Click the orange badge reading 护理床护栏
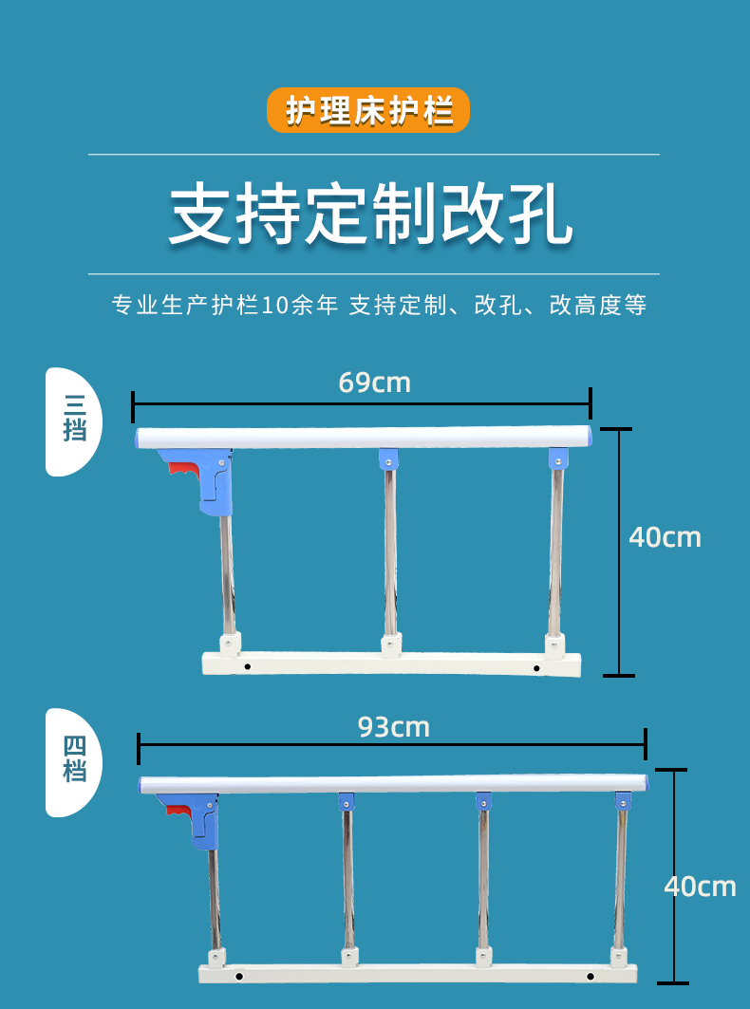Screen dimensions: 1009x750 coord(368,110)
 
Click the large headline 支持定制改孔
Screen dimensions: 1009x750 coord(371,215)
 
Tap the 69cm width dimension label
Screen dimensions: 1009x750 coord(374,383)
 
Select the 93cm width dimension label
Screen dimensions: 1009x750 coord(393,727)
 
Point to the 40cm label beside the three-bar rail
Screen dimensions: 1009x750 coord(665,537)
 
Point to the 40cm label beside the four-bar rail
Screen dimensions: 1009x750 coord(700,887)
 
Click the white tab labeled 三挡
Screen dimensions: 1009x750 coord(74,420)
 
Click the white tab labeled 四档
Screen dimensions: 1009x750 coord(74,762)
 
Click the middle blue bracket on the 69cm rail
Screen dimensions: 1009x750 coord(387,458)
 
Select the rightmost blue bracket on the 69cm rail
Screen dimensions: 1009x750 coord(558,459)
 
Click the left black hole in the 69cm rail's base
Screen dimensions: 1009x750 coord(247,666)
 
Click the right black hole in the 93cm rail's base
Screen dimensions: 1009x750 coord(590,976)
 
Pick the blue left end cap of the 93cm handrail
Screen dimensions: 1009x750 coord(143,785)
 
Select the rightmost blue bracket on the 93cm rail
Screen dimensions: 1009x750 coord(623,800)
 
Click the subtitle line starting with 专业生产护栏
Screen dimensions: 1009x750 coord(379,306)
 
